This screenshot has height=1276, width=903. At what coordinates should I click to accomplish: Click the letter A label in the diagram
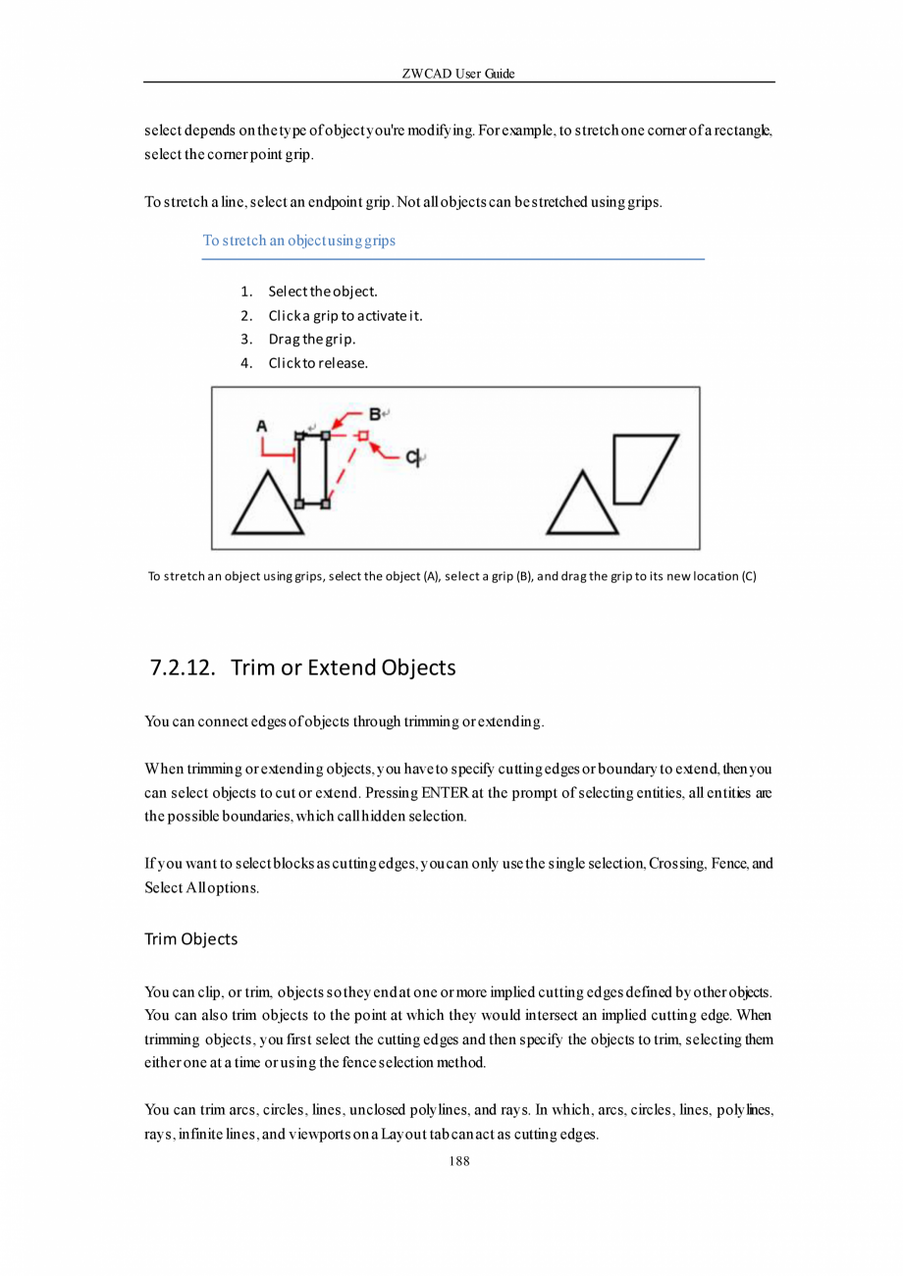[x=261, y=426]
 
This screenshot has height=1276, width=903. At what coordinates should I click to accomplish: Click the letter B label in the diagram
[x=375, y=413]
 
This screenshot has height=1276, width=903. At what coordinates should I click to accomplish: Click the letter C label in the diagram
[x=412, y=456]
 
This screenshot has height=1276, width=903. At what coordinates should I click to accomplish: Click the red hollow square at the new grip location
[x=362, y=434]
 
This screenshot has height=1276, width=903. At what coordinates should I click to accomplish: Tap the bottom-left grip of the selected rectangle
[x=299, y=504]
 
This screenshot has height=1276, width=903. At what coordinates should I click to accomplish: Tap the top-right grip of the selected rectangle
[x=326, y=434]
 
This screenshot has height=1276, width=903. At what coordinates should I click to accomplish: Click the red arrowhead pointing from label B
[x=340, y=424]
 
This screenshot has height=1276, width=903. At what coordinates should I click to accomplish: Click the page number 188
[x=458, y=1161]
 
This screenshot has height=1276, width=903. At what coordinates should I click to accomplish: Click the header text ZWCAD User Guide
[x=458, y=74]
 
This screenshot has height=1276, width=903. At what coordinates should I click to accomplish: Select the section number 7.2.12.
[x=183, y=668]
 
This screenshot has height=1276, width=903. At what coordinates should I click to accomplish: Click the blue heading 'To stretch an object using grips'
[x=298, y=239]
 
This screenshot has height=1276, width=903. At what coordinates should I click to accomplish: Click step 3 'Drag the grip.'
[x=312, y=340]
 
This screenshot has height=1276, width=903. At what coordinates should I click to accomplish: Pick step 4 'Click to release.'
[x=318, y=363]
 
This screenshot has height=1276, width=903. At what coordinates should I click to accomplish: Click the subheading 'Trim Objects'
[x=190, y=939]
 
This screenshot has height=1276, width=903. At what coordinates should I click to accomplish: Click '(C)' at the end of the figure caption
[x=748, y=576]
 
